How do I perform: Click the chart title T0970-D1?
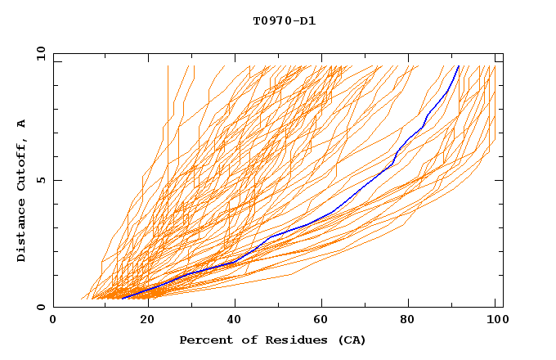pyautogui.click(x=284, y=20)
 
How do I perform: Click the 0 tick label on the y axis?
pyautogui.click(x=41, y=307)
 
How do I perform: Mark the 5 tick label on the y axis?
pyautogui.click(x=41, y=180)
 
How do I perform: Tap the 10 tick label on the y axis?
pyautogui.click(x=38, y=53)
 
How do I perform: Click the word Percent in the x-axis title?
pyautogui.click(x=205, y=340)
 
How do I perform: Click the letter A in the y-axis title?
pyautogui.click(x=21, y=124)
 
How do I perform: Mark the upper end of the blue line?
pyautogui.click(x=459, y=65)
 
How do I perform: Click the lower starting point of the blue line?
pyautogui.click(x=122, y=299)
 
